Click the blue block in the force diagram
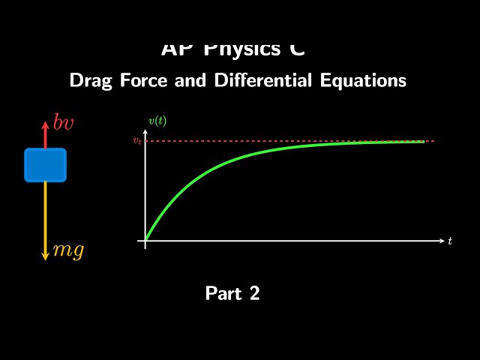[45, 165]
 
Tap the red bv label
[63, 123]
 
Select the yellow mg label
[68, 250]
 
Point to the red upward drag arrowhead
[45, 118]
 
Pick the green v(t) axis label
[157, 121]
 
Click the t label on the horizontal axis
[450, 241]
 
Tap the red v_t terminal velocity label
[136, 141]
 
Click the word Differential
[259, 80]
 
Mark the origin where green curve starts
[145, 241]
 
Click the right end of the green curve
[424, 142]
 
